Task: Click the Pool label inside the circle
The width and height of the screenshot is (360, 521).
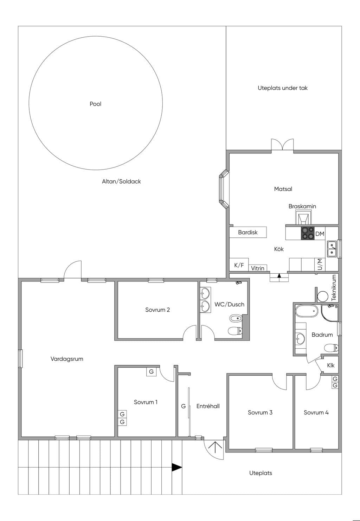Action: tap(96, 104)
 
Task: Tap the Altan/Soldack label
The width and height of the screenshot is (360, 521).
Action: tap(121, 182)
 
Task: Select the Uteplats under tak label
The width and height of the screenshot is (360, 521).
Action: tap(283, 88)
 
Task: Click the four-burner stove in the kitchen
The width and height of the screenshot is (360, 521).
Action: tap(308, 233)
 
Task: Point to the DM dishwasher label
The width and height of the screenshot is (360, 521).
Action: tap(320, 234)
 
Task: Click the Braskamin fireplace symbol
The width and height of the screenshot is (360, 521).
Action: tap(303, 217)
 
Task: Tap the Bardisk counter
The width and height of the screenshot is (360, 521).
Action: tap(248, 232)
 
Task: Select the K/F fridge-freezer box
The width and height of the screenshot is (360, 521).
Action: tap(239, 265)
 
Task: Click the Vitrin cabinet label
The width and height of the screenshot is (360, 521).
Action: tap(257, 268)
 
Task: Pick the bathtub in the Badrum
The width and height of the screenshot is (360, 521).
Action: tap(307, 311)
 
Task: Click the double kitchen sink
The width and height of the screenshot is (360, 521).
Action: tap(332, 249)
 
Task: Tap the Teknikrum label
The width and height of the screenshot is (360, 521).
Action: tap(334, 288)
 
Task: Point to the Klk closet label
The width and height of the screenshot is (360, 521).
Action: tap(330, 365)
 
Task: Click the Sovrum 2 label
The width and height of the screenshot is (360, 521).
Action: tap(157, 310)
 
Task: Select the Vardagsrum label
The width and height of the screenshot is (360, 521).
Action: tap(67, 359)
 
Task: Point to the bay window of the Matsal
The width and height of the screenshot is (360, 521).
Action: tap(224, 189)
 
